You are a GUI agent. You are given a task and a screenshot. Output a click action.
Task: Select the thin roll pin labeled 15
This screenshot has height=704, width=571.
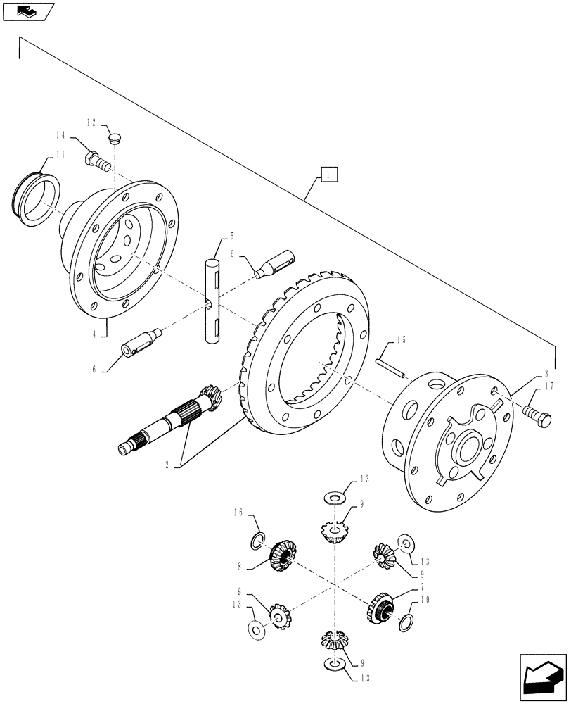pos(390,369)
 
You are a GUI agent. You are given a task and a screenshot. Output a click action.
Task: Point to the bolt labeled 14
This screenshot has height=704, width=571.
pos(96,161)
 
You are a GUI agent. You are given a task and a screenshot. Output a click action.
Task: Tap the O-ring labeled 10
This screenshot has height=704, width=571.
pos(406,623)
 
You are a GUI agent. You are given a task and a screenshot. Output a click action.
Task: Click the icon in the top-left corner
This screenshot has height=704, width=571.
pos(27,11)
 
